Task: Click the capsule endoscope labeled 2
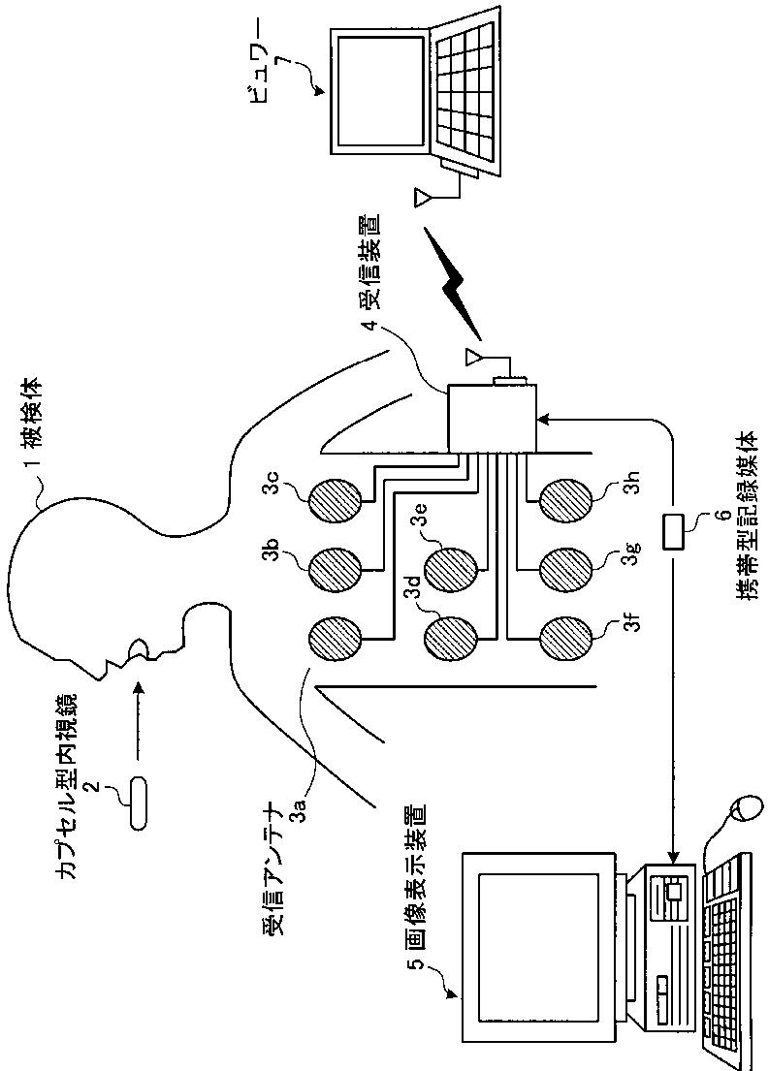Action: [x=139, y=803]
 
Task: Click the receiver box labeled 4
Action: [x=493, y=418]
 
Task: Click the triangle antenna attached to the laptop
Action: [x=423, y=198]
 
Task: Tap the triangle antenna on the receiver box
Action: [x=473, y=357]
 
